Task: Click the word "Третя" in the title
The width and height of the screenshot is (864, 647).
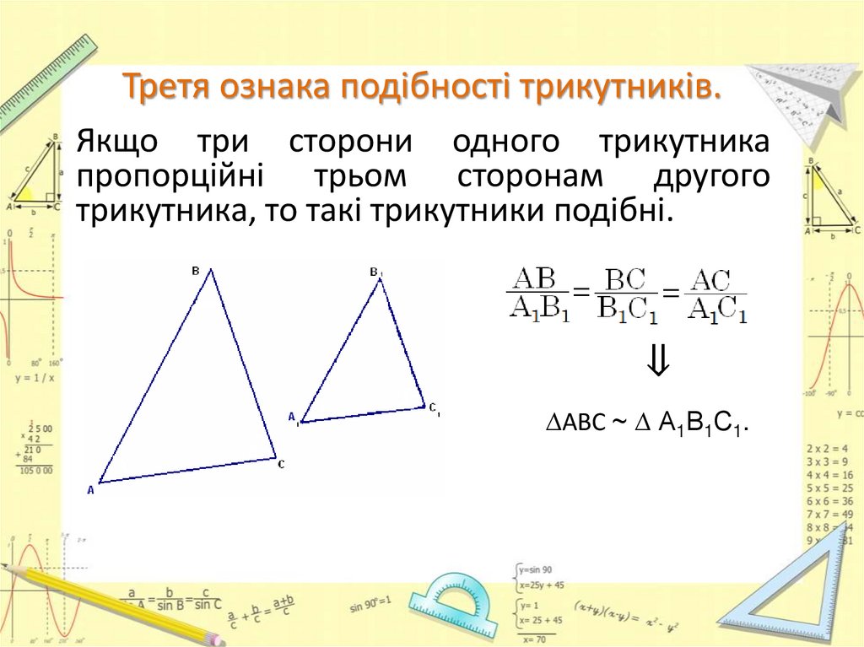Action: pyautogui.click(x=166, y=88)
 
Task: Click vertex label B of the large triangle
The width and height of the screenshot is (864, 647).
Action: pyautogui.click(x=196, y=271)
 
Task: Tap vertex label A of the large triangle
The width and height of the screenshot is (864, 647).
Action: pyautogui.click(x=90, y=489)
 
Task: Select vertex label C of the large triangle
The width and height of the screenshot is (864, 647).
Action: pyautogui.click(x=281, y=463)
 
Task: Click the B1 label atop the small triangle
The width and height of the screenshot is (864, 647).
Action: pyautogui.click(x=375, y=272)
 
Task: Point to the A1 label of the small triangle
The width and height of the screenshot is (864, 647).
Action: pyautogui.click(x=294, y=417)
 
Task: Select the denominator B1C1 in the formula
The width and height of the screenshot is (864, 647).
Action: pyautogui.click(x=625, y=310)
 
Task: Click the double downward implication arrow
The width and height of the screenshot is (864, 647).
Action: pyautogui.click(x=658, y=363)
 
